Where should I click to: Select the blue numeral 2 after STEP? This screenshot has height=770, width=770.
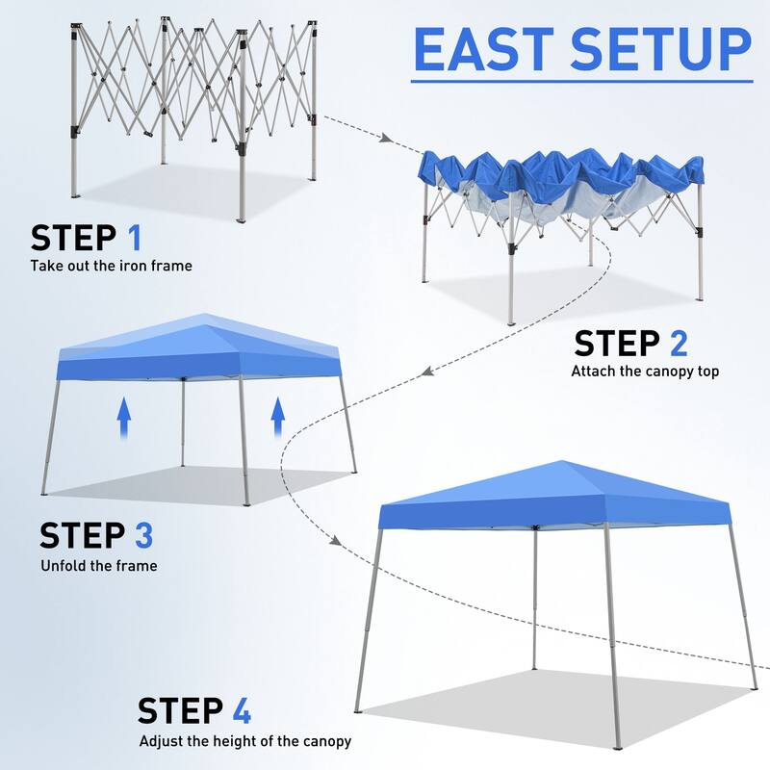coord(677,344)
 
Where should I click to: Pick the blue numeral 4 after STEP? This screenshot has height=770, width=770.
coord(239,710)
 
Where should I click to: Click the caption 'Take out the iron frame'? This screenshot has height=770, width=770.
coord(111,266)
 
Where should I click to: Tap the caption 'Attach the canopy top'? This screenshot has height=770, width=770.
coord(645,371)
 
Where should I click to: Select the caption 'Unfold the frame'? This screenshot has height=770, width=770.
coord(98,565)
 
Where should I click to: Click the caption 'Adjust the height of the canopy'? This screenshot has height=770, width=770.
coord(244,741)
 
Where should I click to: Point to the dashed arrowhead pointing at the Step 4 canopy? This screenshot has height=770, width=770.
coord(336,540)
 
